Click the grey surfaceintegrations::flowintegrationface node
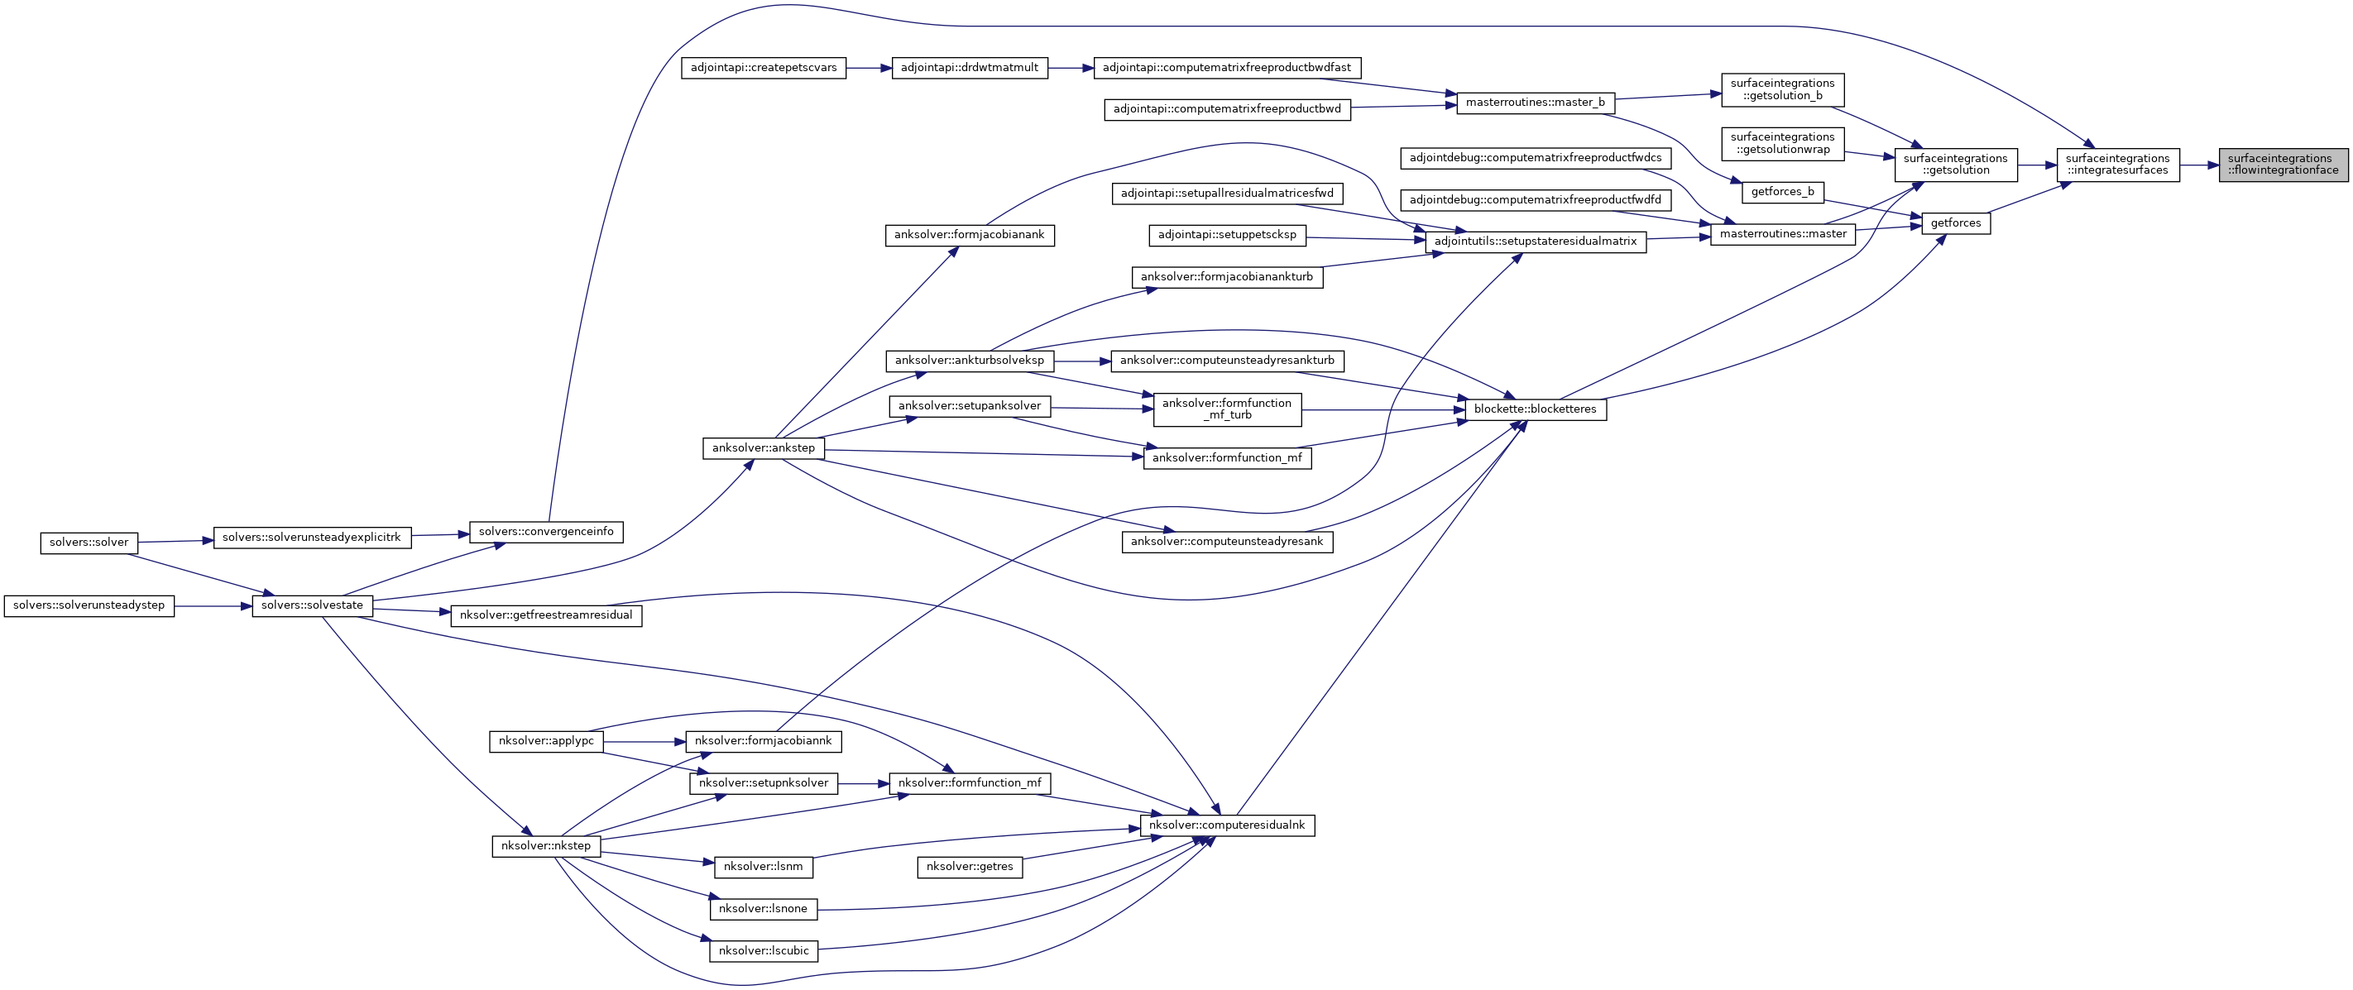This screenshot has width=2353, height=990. [2283, 165]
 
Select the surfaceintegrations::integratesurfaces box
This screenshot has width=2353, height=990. [2117, 165]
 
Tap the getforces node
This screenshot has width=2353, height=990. [1956, 222]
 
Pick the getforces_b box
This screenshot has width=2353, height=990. [1782, 192]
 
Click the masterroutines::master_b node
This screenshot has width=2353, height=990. [1535, 103]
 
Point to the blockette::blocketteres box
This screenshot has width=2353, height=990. [1535, 409]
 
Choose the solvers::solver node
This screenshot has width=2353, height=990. [89, 543]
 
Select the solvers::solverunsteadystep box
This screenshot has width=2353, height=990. [89, 605]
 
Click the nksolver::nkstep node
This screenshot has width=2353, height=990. [546, 846]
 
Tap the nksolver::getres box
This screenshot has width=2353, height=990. [969, 867]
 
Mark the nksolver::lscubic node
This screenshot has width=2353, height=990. [764, 951]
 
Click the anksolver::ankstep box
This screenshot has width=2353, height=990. [763, 448]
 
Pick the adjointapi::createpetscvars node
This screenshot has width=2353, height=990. [764, 68]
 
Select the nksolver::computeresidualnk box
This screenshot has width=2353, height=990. [1227, 825]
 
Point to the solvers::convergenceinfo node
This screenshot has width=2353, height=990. [546, 532]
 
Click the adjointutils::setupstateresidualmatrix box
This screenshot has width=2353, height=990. [1535, 242]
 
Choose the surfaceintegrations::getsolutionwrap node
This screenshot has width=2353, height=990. [1782, 143]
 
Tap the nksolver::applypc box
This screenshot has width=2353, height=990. [546, 741]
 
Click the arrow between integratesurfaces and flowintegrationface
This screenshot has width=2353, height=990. [2200, 165]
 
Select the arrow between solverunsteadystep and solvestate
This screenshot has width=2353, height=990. [213, 605]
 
